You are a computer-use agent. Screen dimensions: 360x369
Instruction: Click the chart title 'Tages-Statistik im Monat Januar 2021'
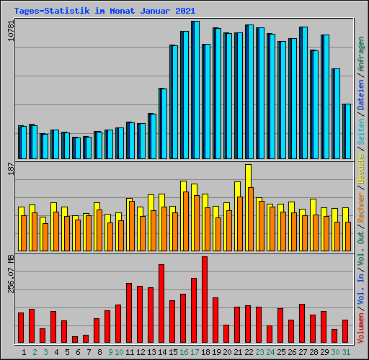point(104,11)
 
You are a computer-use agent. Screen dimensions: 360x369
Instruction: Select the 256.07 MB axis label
point(10,273)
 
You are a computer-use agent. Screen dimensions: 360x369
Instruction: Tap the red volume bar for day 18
point(205,300)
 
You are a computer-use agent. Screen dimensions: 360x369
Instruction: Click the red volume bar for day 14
point(161,304)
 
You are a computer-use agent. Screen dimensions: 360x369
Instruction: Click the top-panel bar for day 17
point(195,90)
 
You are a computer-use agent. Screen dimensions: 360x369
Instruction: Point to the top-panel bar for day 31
point(347,132)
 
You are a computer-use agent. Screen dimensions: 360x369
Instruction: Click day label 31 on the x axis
point(346,352)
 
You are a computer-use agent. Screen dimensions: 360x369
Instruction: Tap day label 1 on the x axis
point(25,352)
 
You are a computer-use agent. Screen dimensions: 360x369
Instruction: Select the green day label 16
point(184,352)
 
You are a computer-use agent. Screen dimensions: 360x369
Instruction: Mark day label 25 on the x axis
point(281,352)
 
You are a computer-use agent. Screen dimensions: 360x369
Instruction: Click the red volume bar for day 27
point(302,323)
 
